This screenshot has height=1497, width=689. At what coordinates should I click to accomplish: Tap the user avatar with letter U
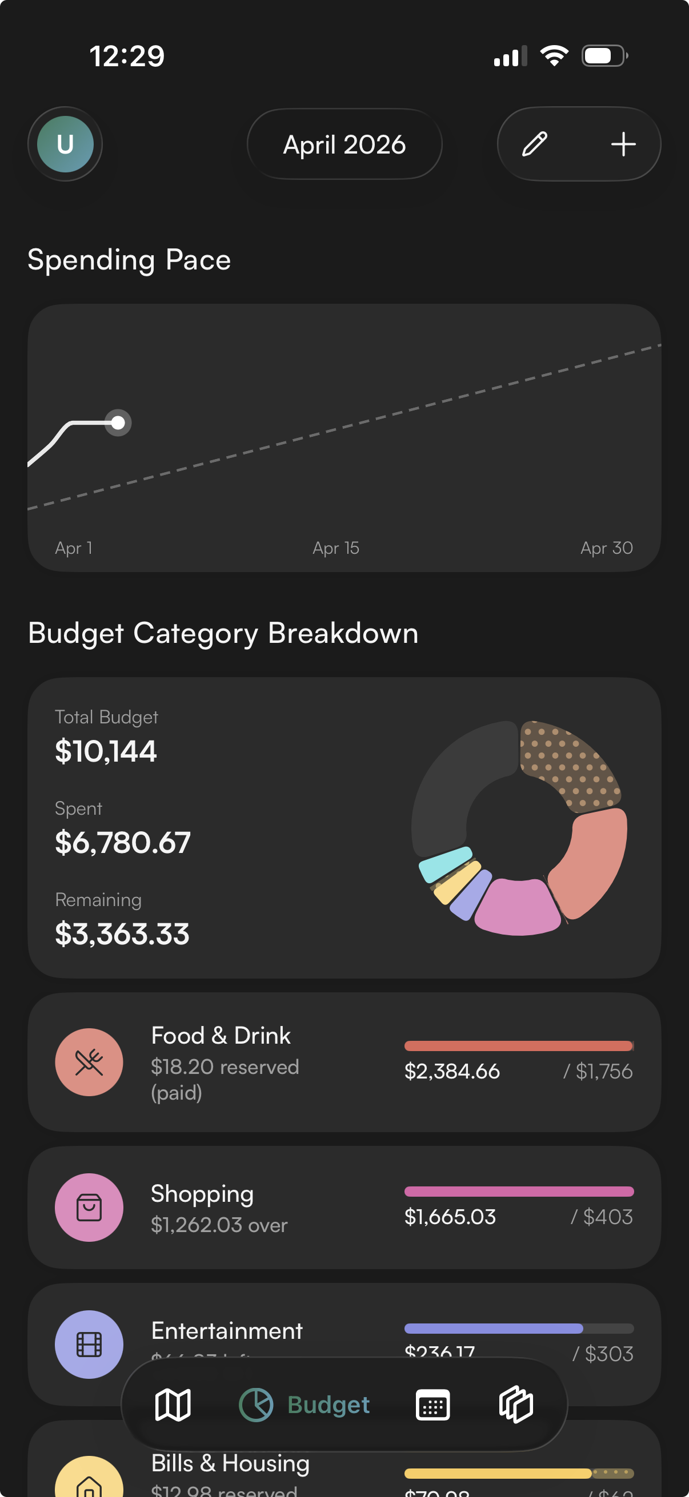point(65,144)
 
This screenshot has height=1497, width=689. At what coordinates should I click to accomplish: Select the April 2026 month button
point(344,144)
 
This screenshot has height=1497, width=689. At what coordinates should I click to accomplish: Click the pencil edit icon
point(534,144)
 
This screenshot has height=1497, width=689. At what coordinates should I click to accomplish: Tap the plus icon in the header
point(623,144)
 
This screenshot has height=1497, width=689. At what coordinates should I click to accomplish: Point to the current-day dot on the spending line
point(118,422)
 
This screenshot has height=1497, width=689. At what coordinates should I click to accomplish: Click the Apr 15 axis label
point(335,548)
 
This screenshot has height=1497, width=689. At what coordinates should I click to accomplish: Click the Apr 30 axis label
point(606,548)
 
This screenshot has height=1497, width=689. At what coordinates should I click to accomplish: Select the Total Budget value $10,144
point(106,751)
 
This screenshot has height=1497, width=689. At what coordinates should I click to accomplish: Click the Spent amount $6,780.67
point(123,843)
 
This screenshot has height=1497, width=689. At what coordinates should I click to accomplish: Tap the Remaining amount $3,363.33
point(122,934)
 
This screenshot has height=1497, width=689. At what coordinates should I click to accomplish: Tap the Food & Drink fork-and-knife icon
point(89,1063)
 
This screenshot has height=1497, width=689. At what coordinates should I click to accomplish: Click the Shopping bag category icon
point(89,1208)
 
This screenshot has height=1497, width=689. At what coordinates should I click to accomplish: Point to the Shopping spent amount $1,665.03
point(450,1217)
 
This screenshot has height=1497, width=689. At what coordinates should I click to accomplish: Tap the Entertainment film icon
point(89,1344)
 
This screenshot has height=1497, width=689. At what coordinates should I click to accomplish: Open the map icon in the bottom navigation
point(173,1405)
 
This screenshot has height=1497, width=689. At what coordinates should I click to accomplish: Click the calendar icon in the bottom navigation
point(432,1405)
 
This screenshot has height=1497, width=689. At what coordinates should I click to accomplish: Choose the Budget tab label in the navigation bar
point(329,1405)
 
